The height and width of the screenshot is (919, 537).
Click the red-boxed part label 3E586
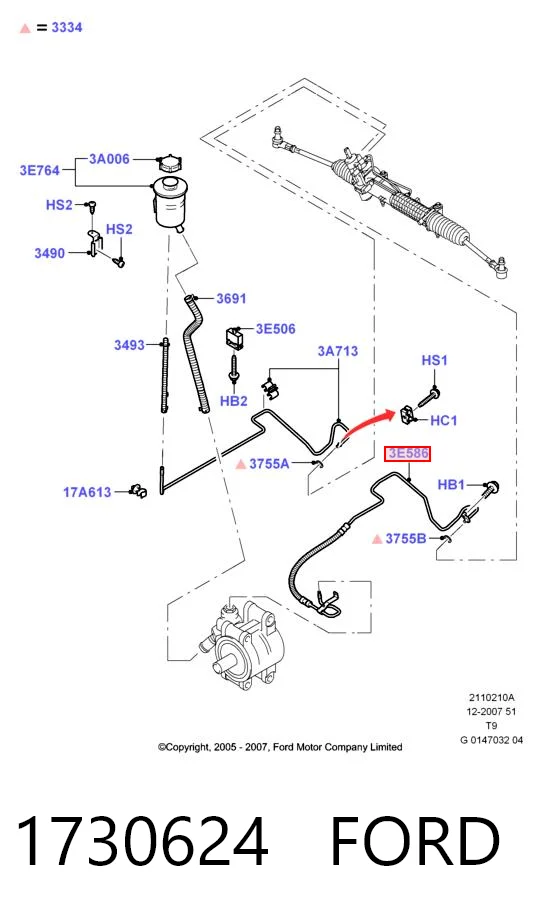click(x=407, y=454)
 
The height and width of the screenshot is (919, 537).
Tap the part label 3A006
click(x=110, y=159)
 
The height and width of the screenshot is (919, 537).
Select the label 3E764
click(x=40, y=171)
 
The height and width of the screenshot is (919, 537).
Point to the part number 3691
click(x=231, y=298)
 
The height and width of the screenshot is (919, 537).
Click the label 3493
click(x=129, y=345)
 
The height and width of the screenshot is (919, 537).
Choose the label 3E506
click(x=276, y=329)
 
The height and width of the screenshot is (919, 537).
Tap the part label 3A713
click(x=338, y=351)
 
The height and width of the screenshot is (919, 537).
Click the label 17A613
click(x=87, y=492)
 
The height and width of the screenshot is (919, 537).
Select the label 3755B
click(x=406, y=538)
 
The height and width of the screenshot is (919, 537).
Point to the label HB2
click(x=234, y=401)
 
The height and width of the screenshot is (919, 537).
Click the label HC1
click(x=444, y=421)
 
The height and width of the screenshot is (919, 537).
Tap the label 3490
click(x=50, y=253)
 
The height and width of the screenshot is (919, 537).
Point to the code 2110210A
click(x=491, y=697)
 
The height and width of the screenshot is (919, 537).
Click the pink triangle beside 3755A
click(x=240, y=465)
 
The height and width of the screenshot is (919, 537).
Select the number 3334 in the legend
click(x=67, y=28)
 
